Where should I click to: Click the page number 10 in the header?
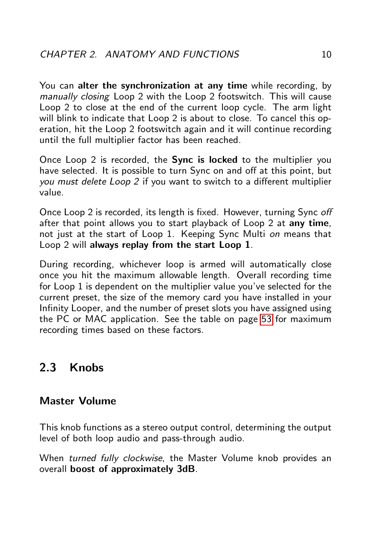pos(326,54)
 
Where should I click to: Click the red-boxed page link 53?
pos(266,319)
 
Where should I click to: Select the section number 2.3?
pos(48,367)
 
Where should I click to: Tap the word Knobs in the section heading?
pos(86,367)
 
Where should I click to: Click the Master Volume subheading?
pos(78,401)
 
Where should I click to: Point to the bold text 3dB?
pos(185,469)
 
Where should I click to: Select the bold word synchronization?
pos(155,86)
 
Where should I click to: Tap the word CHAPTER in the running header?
pos(63,54)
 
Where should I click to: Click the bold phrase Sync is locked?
pos(204,160)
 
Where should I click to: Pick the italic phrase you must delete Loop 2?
pos(89,182)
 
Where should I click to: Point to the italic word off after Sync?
pos(326,212)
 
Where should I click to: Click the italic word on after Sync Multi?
pos(274,234)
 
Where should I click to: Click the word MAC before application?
pos(96,319)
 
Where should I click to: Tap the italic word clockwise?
pos(142,458)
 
